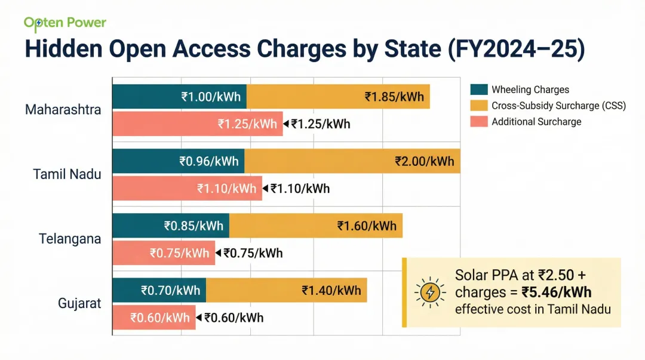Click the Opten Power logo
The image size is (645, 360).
(64, 23)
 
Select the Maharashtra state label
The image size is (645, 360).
(63, 110)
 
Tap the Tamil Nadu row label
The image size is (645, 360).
(67, 174)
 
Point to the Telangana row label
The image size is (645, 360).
(70, 239)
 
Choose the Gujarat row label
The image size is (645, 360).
(79, 303)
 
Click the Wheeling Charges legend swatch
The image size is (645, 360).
(479, 90)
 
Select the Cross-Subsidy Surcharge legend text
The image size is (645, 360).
(558, 106)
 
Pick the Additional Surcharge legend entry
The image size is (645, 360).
(536, 122)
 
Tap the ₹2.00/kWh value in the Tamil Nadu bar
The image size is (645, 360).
(425, 161)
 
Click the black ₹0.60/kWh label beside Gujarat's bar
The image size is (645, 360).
(234, 318)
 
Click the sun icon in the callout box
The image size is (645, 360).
(430, 293)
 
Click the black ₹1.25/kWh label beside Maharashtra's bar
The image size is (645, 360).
(320, 124)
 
